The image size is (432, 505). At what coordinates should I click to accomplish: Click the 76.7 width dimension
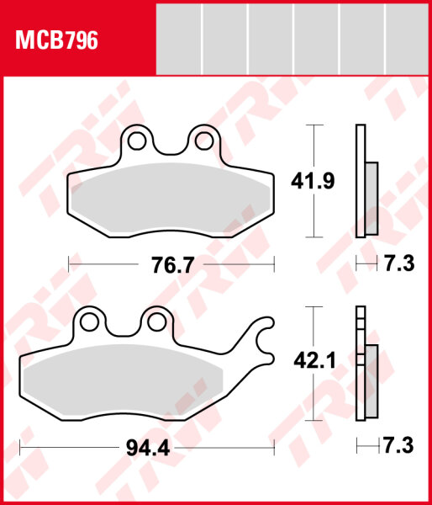pos(172,265)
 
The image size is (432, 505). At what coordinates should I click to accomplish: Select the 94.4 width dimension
pos(148,448)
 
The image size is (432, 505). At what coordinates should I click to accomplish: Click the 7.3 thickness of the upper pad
pos(398,265)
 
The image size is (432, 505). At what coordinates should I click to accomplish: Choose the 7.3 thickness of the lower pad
pos(398,447)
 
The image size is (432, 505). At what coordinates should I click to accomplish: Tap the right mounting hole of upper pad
pos(202,140)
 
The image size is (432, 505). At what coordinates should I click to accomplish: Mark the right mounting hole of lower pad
pos(154,321)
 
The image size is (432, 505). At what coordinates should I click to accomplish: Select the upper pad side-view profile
pos(362,180)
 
